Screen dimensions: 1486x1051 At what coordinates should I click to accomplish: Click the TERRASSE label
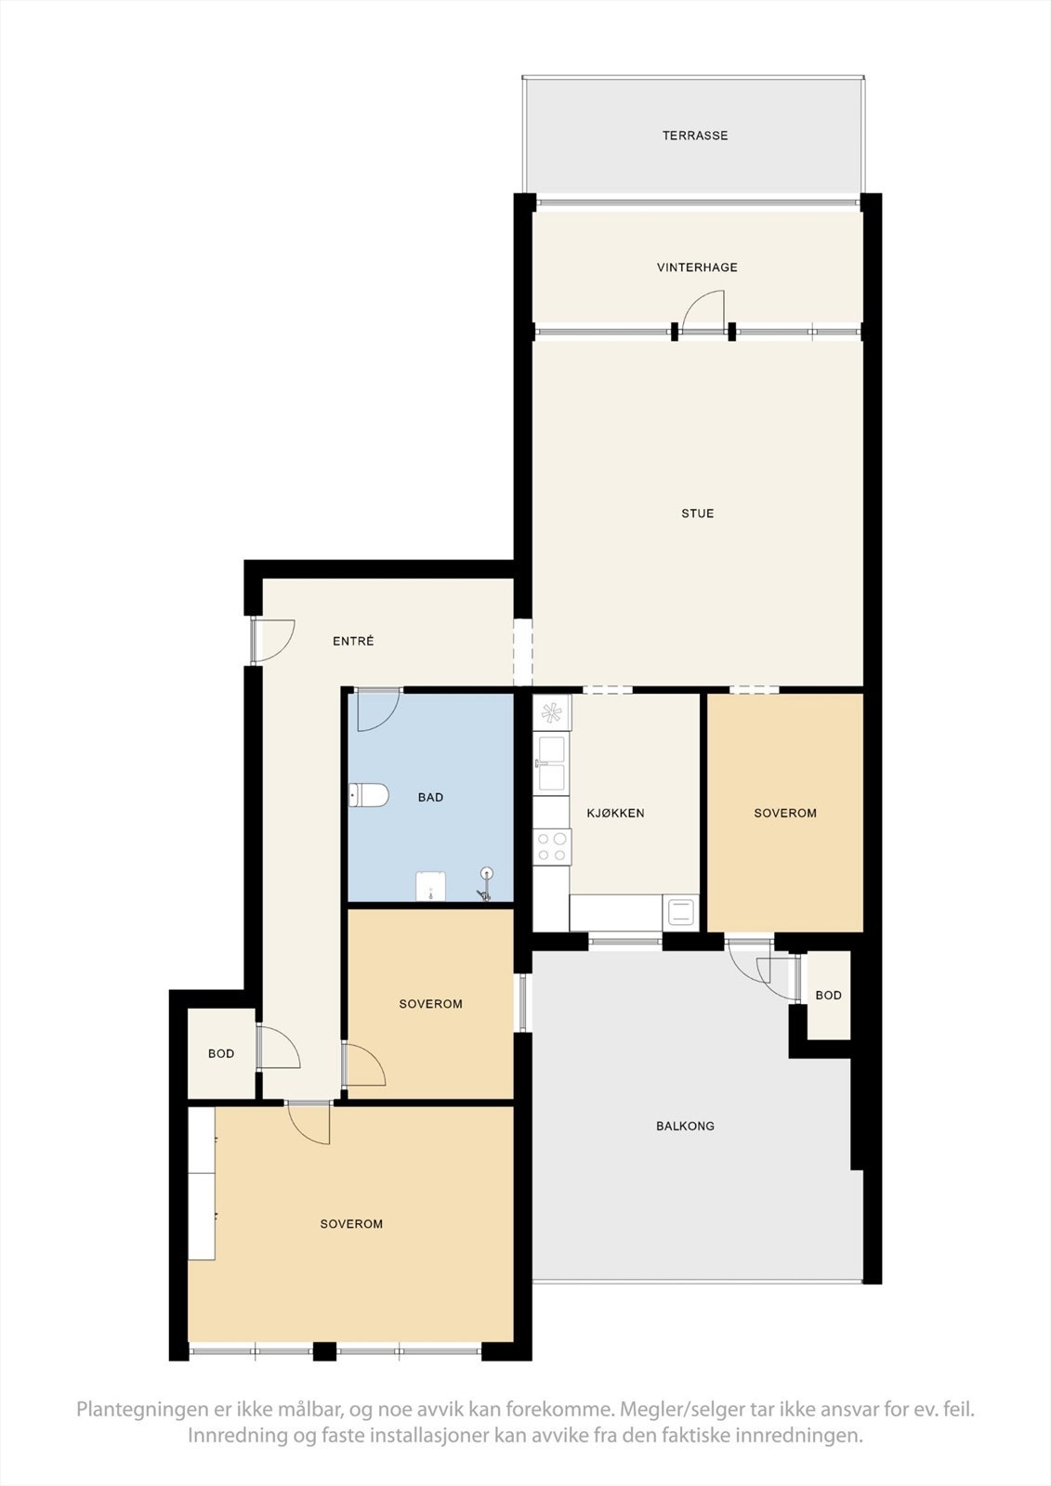tap(695, 136)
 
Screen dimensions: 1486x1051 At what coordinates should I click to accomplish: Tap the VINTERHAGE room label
tap(697, 267)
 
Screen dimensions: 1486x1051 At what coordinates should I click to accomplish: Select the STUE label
tap(698, 514)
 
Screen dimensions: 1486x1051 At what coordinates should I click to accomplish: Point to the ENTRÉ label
tap(353, 641)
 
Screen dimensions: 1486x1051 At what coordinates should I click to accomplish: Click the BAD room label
tap(430, 797)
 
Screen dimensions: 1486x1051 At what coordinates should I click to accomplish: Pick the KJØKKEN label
tap(615, 813)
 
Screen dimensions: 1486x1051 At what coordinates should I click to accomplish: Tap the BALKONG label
tap(685, 1126)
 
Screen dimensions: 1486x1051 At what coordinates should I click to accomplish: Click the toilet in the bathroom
tap(368, 795)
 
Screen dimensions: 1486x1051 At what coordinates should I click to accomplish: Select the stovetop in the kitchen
tap(551, 845)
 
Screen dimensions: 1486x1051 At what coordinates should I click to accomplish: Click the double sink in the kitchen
tap(551, 763)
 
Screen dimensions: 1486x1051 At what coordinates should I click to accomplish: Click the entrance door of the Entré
tap(273, 641)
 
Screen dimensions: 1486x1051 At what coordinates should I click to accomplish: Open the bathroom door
tap(377, 710)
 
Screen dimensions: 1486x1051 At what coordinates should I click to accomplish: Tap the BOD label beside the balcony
tap(828, 996)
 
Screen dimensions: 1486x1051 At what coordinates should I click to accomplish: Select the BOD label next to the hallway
tap(221, 1053)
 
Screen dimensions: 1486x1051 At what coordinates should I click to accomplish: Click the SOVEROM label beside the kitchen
tap(785, 813)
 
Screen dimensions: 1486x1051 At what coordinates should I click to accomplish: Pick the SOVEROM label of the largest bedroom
tap(351, 1224)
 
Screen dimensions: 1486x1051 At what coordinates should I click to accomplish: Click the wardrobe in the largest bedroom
tap(202, 1183)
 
